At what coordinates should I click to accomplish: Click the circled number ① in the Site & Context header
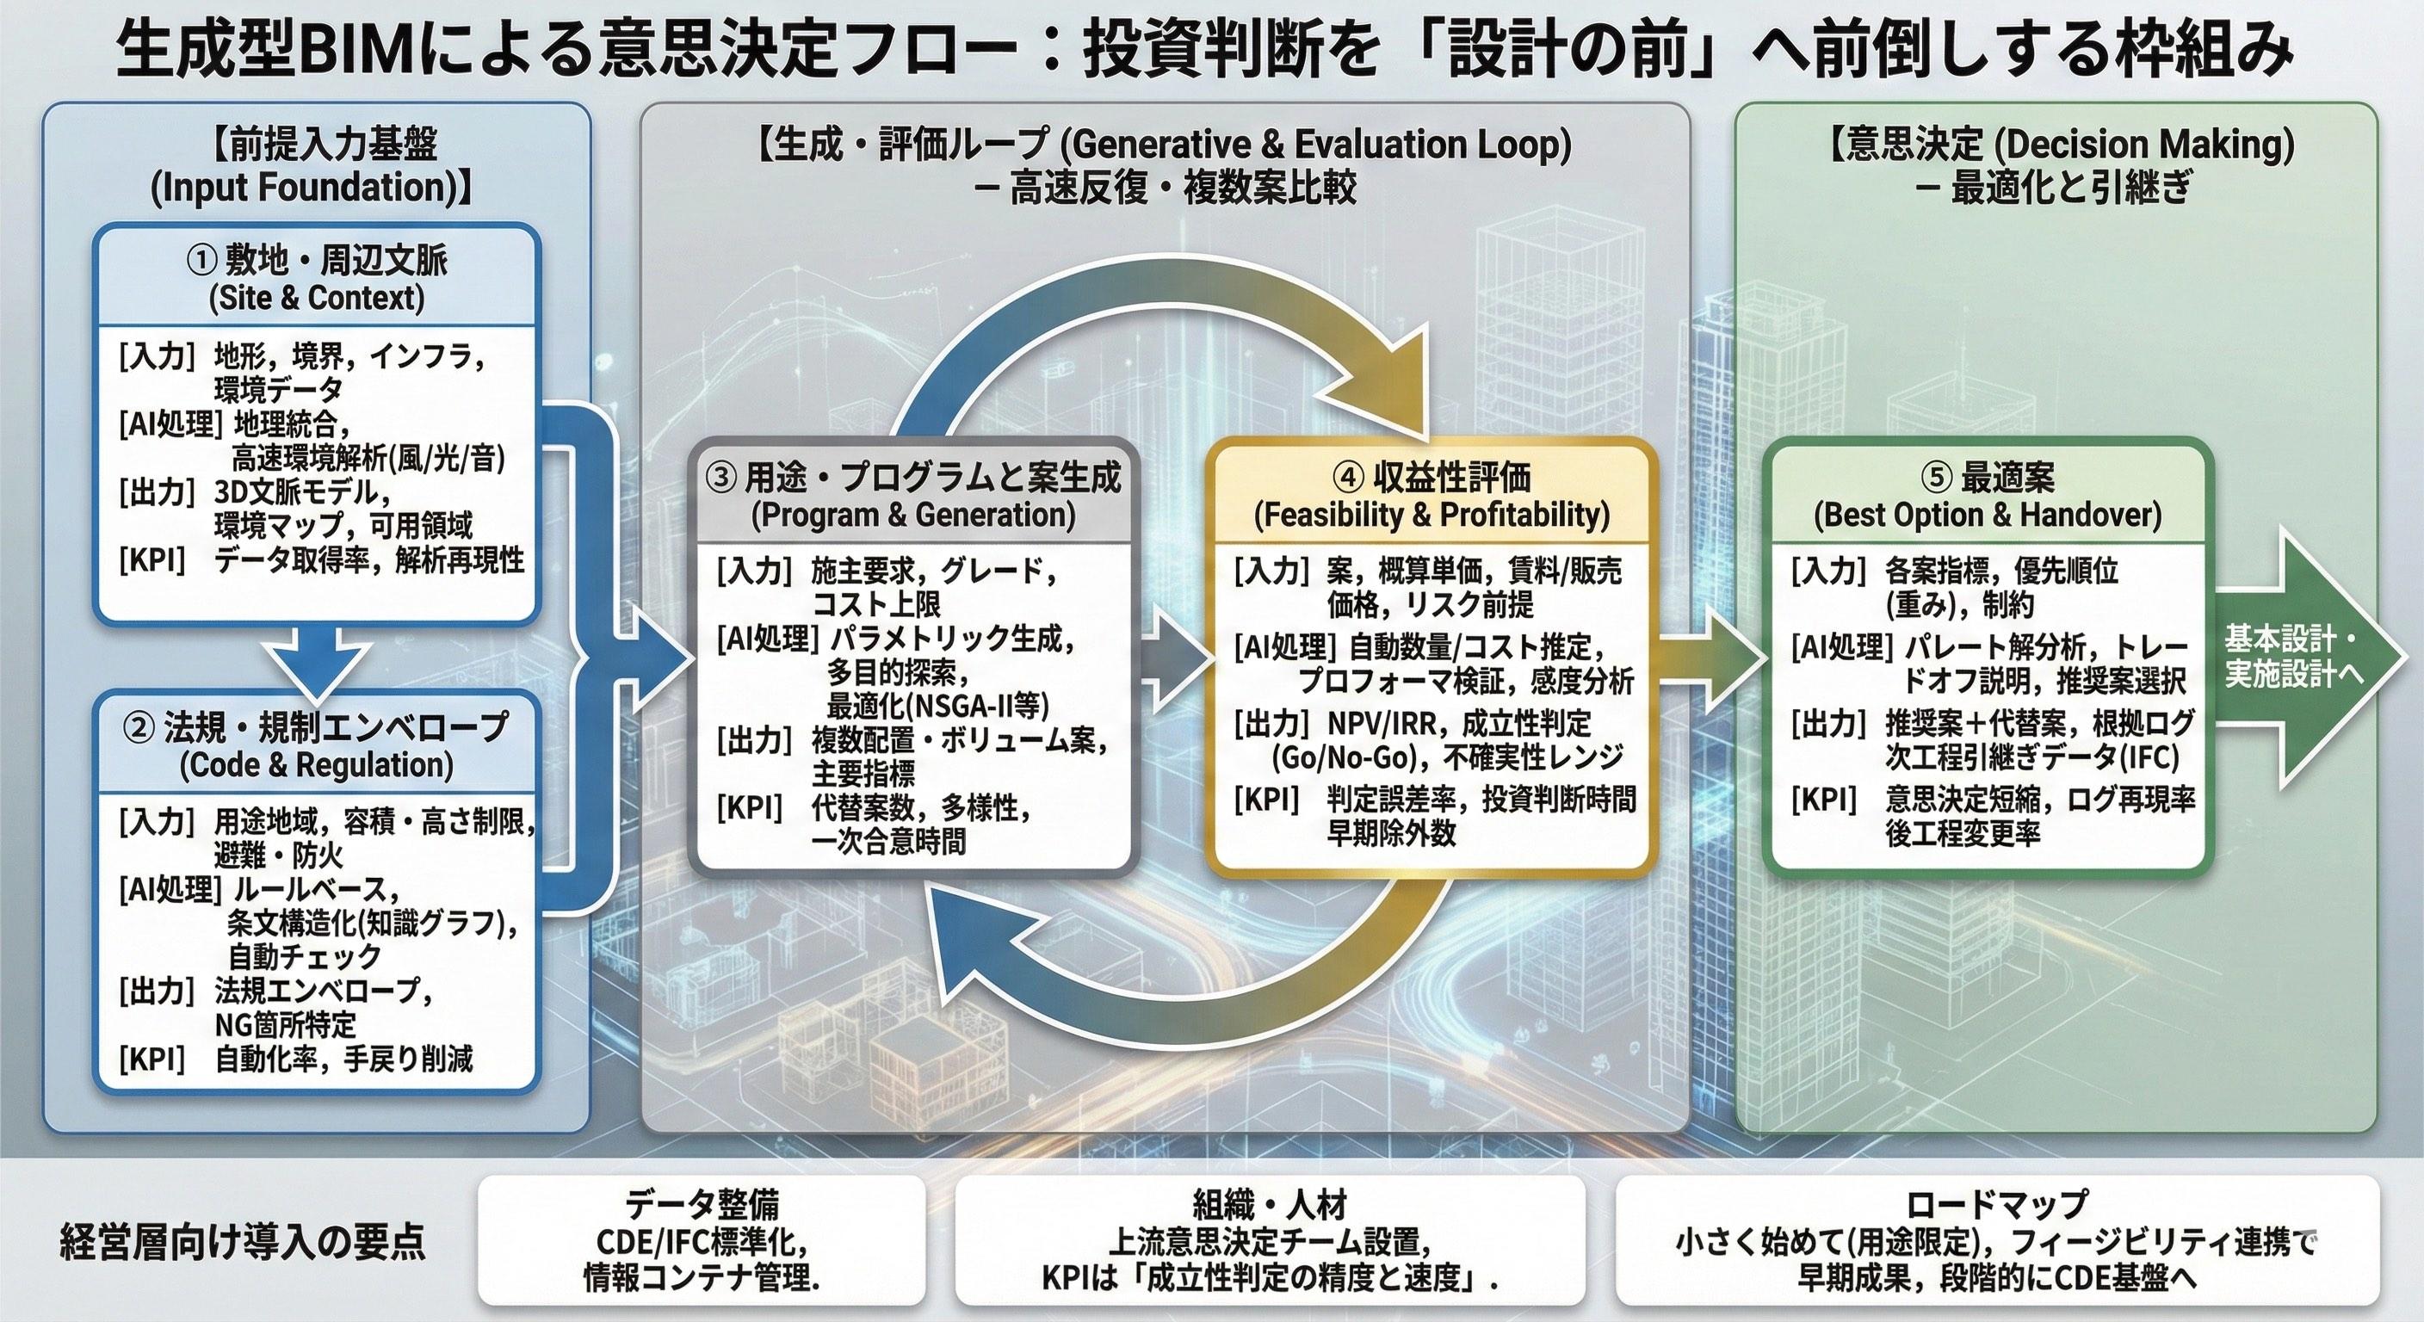point(202,260)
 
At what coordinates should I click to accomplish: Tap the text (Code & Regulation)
point(316,765)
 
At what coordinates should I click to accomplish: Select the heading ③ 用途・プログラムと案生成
point(912,478)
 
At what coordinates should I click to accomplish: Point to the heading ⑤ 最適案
point(1987,478)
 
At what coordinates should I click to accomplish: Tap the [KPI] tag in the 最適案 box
point(1824,800)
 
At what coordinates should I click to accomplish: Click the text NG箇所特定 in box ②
point(285,1023)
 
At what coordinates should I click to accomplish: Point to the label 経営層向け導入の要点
point(243,1242)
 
